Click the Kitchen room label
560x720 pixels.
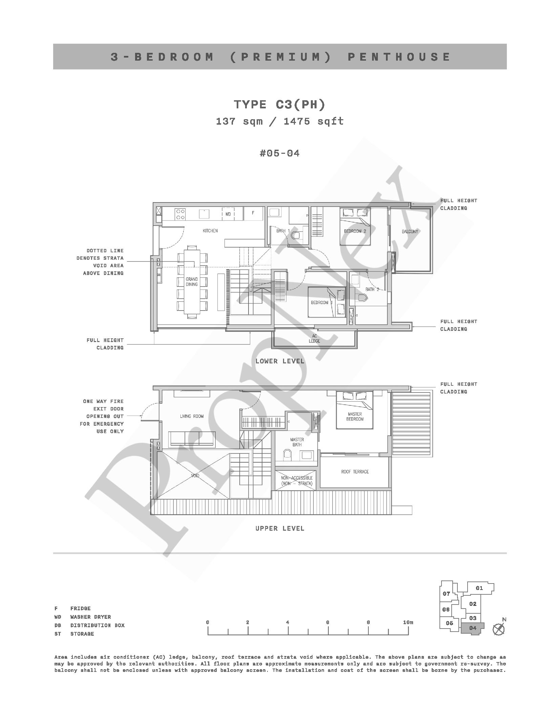[210, 231]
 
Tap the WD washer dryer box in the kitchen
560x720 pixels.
[228, 214]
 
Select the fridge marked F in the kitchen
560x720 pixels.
[253, 213]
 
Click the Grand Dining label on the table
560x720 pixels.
[192, 282]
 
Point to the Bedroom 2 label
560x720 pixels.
[355, 231]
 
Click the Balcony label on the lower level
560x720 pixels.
[410, 232]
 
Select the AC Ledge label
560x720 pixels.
[314, 338]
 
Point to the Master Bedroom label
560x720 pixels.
[355, 417]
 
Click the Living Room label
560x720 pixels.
[192, 416]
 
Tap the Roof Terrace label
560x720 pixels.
[355, 471]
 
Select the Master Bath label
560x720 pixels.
[297, 442]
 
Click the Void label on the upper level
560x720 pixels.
[195, 475]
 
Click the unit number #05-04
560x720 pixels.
[280, 153]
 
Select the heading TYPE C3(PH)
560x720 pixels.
[280, 105]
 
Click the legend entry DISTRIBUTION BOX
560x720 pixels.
[98, 625]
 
